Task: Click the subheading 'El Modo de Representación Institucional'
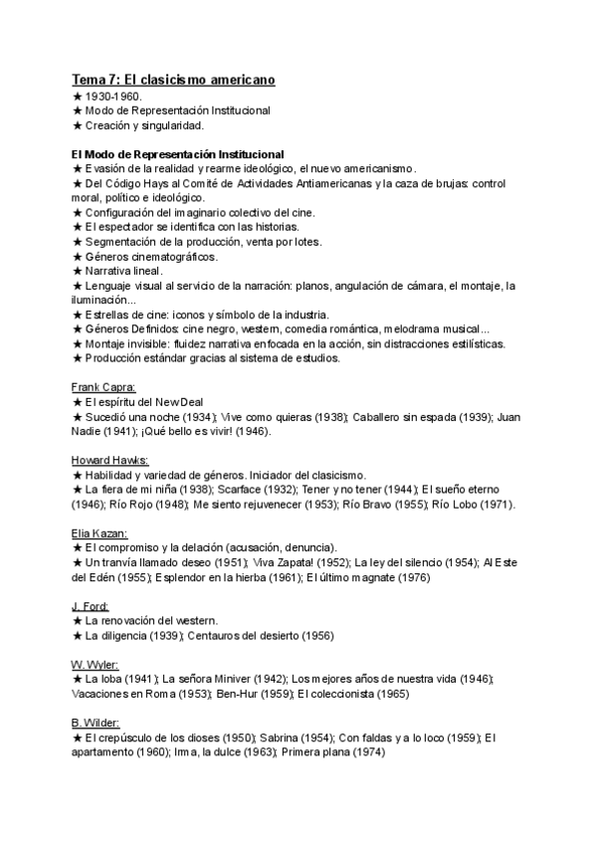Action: pyautogui.click(x=178, y=154)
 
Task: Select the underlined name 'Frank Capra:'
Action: pyautogui.click(x=104, y=386)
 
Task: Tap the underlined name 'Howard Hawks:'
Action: pyautogui.click(x=110, y=460)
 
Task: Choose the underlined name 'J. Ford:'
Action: pyautogui.click(x=91, y=606)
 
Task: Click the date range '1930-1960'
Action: pyautogui.click(x=114, y=97)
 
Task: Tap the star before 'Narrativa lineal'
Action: pyautogui.click(x=78, y=271)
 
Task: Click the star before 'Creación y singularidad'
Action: pyautogui.click(x=78, y=125)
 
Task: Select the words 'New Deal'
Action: pyautogui.click(x=177, y=401)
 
